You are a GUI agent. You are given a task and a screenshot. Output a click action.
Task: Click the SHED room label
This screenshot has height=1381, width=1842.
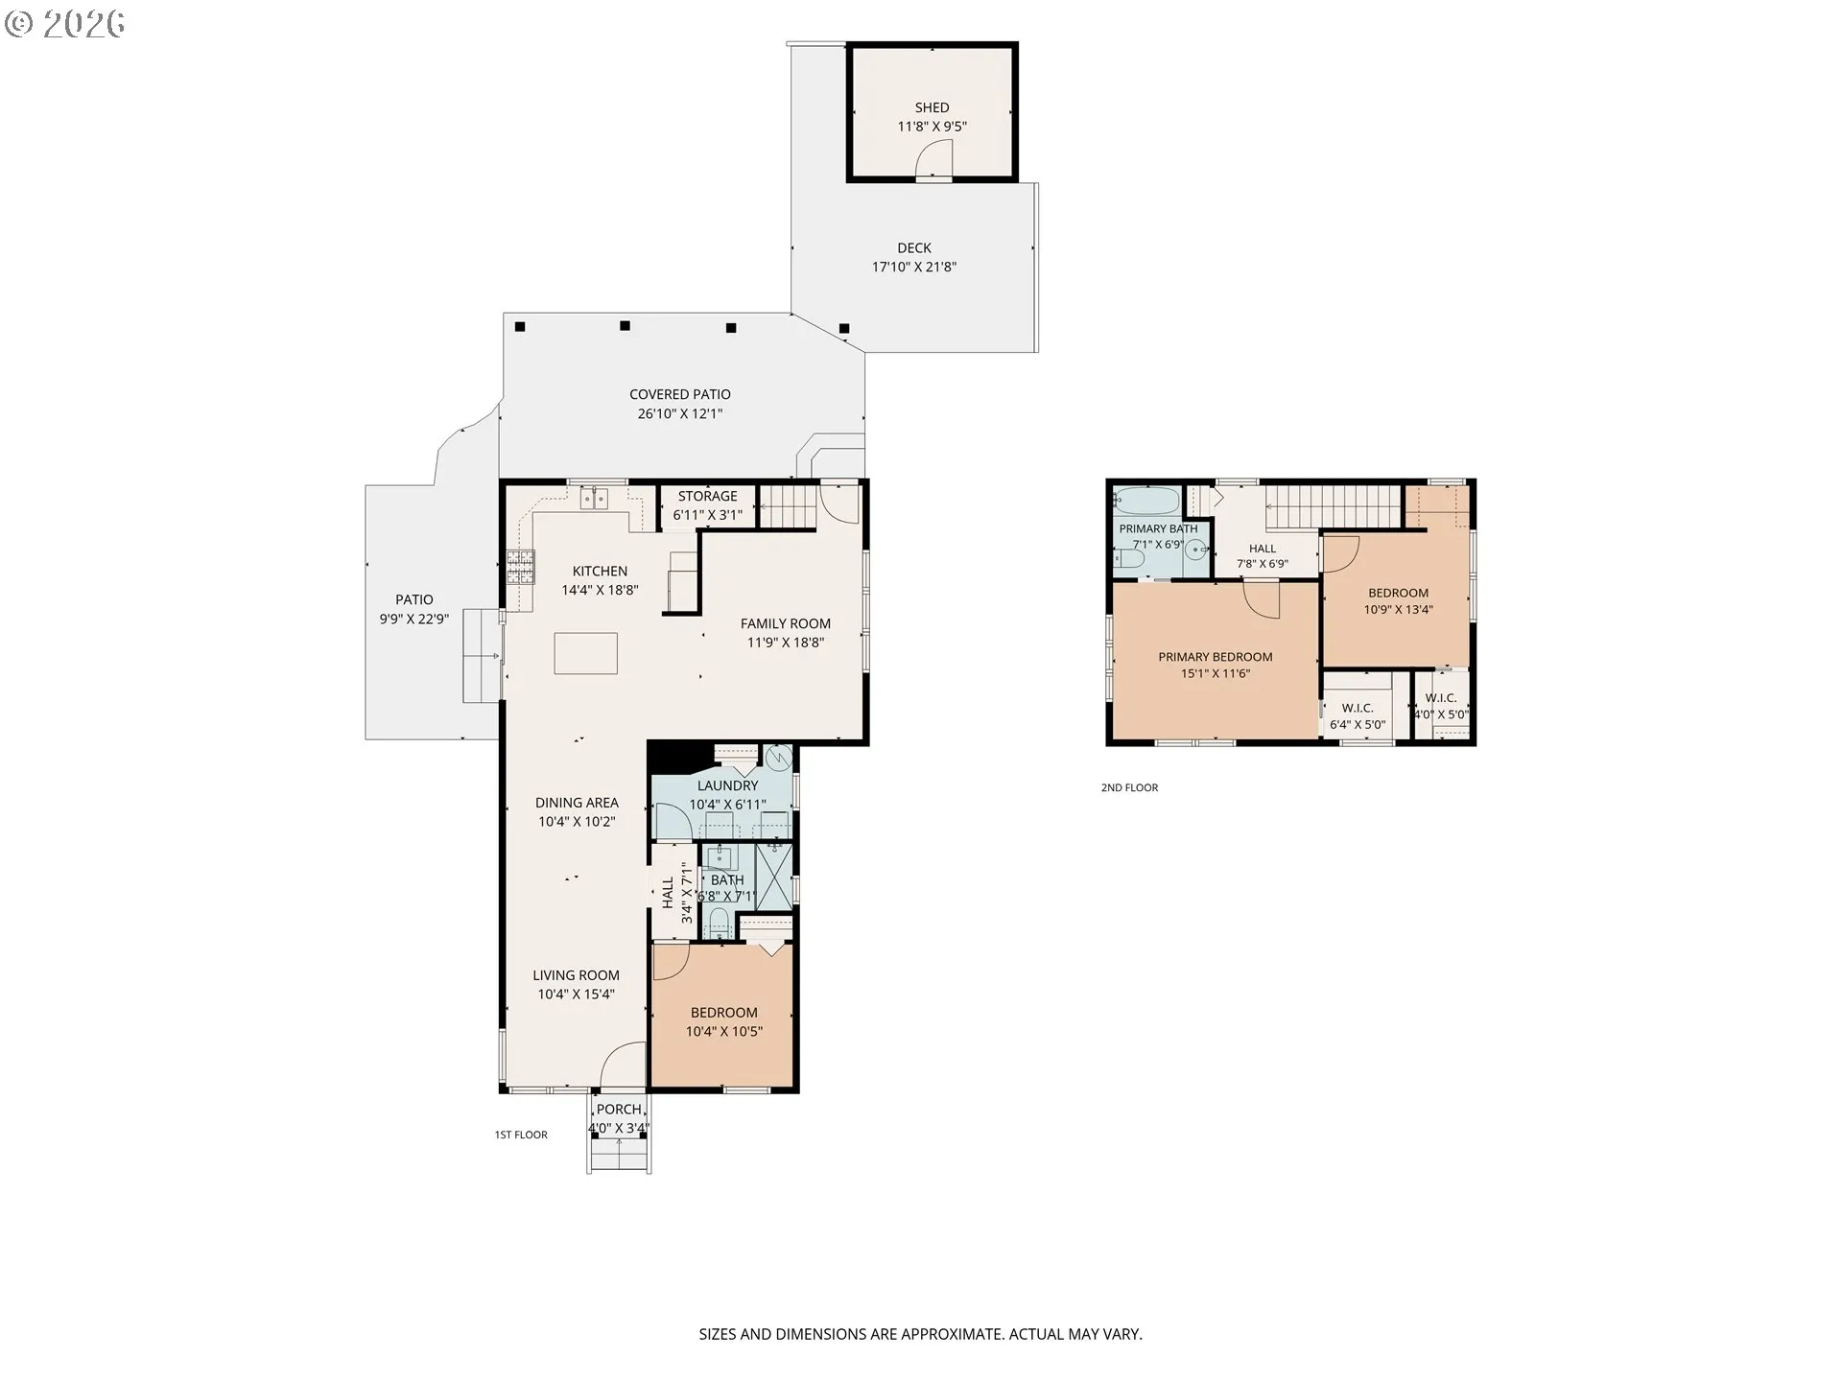(932, 107)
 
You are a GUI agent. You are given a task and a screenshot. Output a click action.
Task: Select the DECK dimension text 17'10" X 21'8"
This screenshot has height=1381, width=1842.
(914, 267)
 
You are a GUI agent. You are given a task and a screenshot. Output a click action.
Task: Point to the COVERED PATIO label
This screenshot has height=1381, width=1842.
(680, 394)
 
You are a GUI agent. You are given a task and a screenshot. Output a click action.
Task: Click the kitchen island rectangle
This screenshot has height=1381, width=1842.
(585, 653)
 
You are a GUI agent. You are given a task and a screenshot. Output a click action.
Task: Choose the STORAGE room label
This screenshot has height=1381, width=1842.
(708, 496)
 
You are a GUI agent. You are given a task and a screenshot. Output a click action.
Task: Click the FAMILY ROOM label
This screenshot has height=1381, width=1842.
(786, 623)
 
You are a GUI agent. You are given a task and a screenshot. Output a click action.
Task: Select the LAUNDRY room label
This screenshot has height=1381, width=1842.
(728, 785)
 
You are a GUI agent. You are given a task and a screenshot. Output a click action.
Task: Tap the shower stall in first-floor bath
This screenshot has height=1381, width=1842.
(775, 876)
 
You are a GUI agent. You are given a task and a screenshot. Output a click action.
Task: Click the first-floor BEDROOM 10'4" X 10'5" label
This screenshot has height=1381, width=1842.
(724, 1021)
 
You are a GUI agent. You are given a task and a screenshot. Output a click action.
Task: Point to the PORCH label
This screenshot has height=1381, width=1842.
(619, 1110)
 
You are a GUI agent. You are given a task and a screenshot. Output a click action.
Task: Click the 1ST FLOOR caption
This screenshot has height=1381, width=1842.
(521, 1135)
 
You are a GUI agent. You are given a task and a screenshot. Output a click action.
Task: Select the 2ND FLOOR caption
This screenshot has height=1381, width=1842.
(1129, 787)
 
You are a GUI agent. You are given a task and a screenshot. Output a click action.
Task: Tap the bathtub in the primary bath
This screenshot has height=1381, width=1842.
(1146, 501)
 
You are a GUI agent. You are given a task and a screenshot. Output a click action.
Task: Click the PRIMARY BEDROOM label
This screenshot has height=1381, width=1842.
(1216, 657)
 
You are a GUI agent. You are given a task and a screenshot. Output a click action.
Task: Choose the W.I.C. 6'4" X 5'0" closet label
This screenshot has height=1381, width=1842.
(1358, 716)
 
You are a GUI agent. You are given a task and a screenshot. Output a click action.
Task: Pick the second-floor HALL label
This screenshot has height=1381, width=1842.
(1263, 549)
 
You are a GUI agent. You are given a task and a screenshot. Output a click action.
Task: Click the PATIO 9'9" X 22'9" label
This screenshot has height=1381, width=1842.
(414, 609)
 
